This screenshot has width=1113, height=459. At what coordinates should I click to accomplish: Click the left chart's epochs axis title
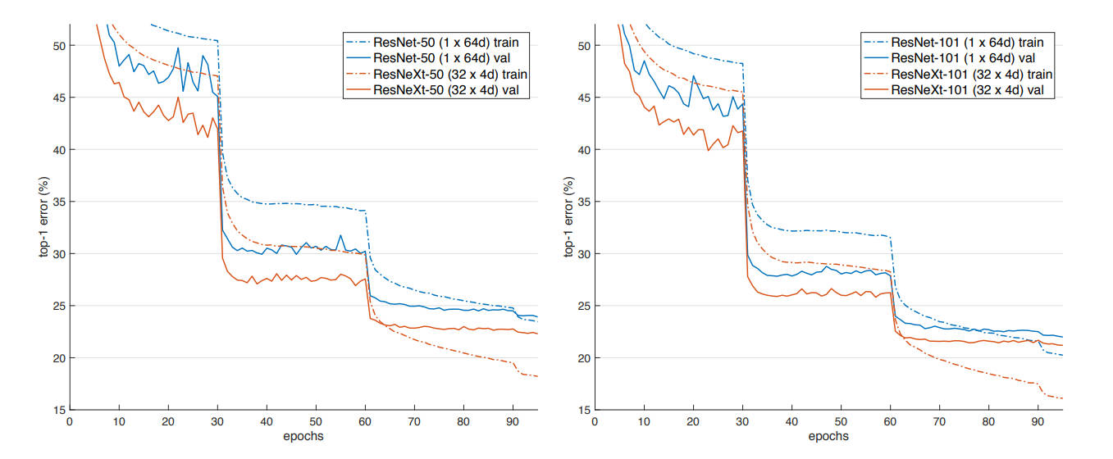click(x=303, y=435)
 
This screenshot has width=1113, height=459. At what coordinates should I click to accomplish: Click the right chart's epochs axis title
click(x=828, y=435)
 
